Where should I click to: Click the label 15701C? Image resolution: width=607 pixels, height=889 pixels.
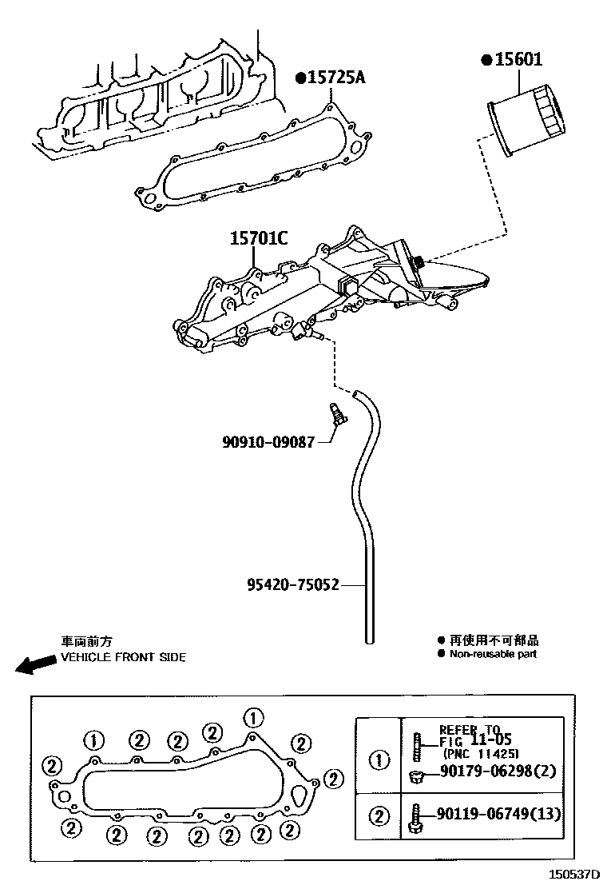click(x=259, y=238)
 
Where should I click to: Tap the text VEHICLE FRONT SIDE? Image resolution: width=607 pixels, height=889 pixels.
click(x=123, y=657)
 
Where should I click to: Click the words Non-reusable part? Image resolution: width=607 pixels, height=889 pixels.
click(x=493, y=654)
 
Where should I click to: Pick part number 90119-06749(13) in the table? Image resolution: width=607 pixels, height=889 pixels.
click(x=498, y=814)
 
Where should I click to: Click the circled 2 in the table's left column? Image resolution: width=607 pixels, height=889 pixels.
click(x=379, y=815)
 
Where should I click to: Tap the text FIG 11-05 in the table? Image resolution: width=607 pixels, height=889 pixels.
click(x=478, y=741)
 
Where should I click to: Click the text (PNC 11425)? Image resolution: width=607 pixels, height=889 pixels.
click(x=480, y=754)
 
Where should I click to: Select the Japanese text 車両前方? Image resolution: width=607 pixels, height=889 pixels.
click(x=87, y=641)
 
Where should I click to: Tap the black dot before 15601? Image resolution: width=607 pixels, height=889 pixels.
click(x=485, y=60)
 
